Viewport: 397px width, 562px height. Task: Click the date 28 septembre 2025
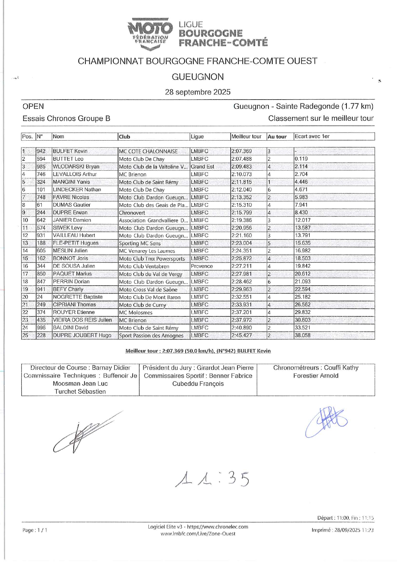[198, 92]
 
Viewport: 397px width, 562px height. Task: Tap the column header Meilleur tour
[246, 136]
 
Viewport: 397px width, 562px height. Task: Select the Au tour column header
[277, 137]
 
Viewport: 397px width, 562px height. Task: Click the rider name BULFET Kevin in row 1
[70, 151]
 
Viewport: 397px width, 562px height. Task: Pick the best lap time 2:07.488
[242, 159]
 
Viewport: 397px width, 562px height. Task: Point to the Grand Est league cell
[202, 167]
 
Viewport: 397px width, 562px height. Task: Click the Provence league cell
[202, 266]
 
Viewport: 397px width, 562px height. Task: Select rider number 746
[41, 174]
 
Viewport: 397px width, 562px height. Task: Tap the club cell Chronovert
[132, 213]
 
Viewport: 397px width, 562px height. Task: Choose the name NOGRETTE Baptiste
[78, 297]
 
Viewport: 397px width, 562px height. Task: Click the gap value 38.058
[303, 335]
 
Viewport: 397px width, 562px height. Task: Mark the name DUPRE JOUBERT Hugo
[82, 335]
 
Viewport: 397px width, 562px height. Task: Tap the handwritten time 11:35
[212, 478]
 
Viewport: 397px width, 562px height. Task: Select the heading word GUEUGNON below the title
[198, 77]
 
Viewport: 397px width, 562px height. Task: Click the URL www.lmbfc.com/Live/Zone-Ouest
[198, 534]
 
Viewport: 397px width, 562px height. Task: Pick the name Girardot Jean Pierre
[225, 368]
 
